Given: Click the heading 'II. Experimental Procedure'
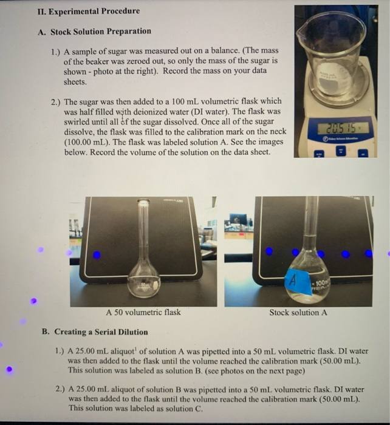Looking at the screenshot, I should pos(89,11).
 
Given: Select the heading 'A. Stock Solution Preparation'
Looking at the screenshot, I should pos(101,31).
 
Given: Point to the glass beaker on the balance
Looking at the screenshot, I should pos(334,52).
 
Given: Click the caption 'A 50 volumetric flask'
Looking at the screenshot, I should pos(143,313).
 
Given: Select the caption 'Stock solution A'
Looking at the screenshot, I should pos(298,313).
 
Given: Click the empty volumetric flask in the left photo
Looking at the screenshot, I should pos(144,267).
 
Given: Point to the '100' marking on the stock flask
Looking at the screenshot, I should pos(320,284).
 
